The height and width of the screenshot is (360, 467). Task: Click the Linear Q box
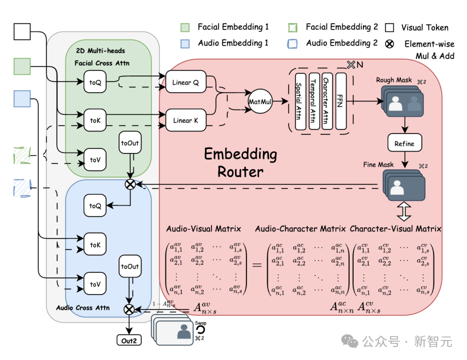coord(185,82)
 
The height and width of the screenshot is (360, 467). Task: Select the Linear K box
coord(185,120)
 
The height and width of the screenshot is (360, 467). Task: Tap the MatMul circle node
coord(260,101)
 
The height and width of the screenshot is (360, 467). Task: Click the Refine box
coord(404,143)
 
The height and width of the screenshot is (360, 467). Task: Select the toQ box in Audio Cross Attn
coord(95,206)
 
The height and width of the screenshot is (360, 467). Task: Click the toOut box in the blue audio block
coord(130,266)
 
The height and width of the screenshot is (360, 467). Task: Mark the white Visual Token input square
coord(22,31)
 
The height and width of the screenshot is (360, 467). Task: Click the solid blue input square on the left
coord(22,98)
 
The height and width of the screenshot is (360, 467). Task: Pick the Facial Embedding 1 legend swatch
coord(185,27)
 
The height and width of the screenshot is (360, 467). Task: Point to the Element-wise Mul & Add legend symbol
coord(390,44)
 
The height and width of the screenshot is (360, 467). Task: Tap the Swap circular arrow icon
coord(200,330)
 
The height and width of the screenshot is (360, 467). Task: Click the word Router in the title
coord(240,172)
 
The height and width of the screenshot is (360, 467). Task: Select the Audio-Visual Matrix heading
coord(203,229)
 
